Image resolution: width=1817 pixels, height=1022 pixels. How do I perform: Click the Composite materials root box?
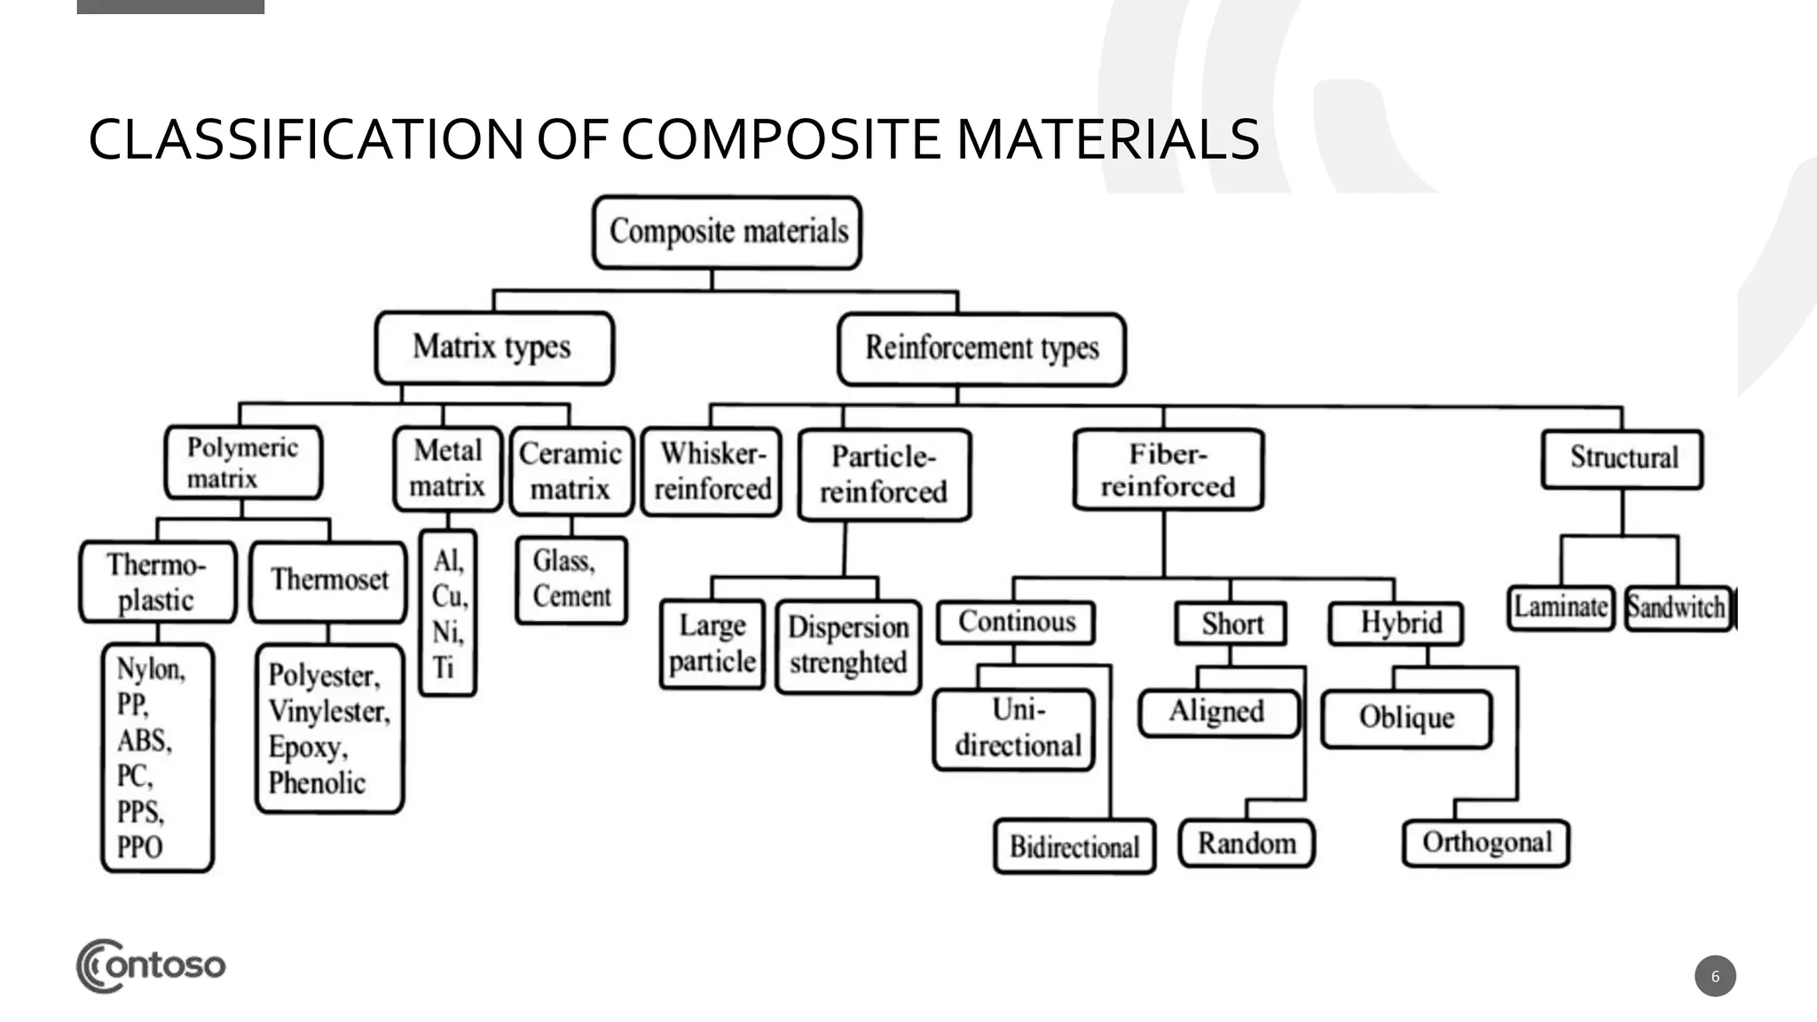[x=727, y=232]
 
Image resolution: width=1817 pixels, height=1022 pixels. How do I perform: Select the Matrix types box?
[x=493, y=347]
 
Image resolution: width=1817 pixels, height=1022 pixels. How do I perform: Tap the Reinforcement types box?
[x=981, y=348]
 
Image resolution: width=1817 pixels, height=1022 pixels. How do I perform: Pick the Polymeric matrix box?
[x=243, y=462]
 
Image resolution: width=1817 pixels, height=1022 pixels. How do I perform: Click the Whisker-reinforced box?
[x=712, y=471]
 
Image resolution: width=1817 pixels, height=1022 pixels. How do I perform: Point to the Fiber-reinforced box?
[x=1168, y=469]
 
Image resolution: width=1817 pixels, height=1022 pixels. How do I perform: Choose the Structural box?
[x=1622, y=458]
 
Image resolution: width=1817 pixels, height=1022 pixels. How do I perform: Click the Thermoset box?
[x=329, y=580]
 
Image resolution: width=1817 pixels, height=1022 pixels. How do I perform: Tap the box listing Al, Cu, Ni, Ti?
[x=448, y=613]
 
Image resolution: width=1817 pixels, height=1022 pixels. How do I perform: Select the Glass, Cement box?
[x=570, y=579]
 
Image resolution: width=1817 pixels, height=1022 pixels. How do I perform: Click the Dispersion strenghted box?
[x=848, y=646]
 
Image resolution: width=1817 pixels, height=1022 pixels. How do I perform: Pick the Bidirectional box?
[x=1074, y=846]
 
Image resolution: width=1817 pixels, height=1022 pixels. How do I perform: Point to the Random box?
[x=1246, y=843]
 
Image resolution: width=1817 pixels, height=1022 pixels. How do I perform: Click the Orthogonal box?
[x=1486, y=842]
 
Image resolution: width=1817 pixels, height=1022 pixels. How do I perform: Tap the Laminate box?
[x=1560, y=608]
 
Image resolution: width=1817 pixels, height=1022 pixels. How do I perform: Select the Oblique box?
[x=1406, y=718]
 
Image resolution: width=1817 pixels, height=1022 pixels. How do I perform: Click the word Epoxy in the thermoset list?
[x=306, y=747]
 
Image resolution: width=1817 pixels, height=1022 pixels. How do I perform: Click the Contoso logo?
[x=151, y=965]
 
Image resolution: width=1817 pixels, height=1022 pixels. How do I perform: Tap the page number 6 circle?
[x=1714, y=976]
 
